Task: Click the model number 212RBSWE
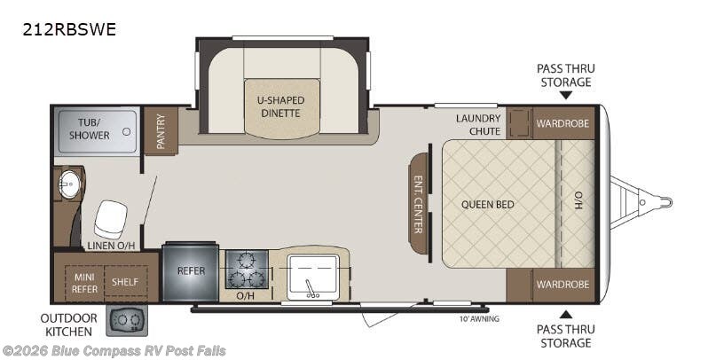[x=69, y=29]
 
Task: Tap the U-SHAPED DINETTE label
[x=281, y=106]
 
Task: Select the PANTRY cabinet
[x=161, y=131]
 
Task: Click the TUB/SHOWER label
[x=90, y=129]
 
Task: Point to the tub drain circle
[x=127, y=132]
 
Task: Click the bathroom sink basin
[x=69, y=184]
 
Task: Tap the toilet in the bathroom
[x=110, y=219]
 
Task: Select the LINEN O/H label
[x=111, y=246]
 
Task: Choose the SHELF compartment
[x=126, y=281]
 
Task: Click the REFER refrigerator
[x=191, y=271]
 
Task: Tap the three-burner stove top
[x=247, y=270]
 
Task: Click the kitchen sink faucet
[x=311, y=289]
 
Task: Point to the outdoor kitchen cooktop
[x=127, y=320]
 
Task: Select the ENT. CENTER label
[x=418, y=204]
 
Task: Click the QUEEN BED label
[x=488, y=204]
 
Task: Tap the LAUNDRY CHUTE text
[x=478, y=125]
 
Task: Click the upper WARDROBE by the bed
[x=563, y=123]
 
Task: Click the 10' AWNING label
[x=479, y=319]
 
